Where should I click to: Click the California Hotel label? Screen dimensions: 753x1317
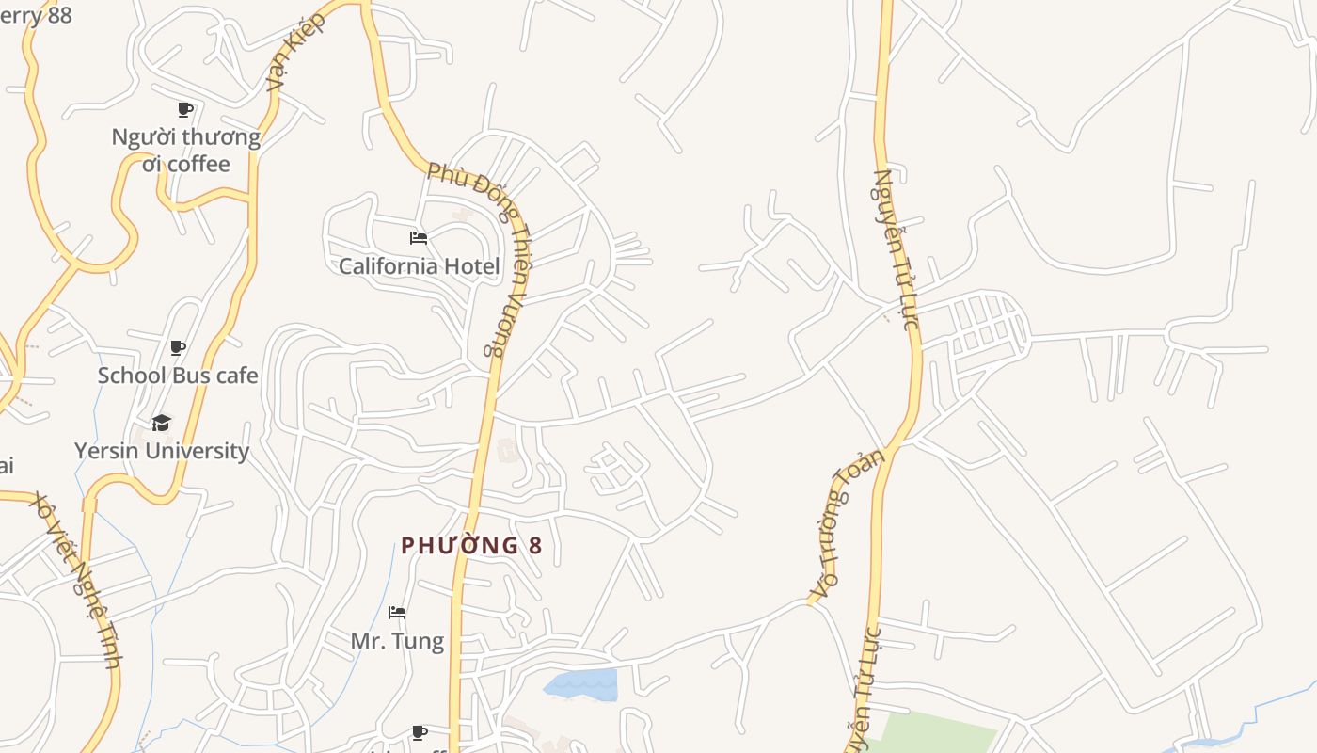(x=419, y=265)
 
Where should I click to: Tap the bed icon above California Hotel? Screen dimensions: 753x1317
(x=419, y=238)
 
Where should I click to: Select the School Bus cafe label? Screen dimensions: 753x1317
(x=178, y=376)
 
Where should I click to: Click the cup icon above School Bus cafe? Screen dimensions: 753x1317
(x=178, y=348)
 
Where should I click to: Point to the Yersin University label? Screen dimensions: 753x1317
(x=162, y=451)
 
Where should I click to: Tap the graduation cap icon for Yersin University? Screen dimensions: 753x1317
(x=162, y=423)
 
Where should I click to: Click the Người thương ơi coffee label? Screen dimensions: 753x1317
(x=186, y=151)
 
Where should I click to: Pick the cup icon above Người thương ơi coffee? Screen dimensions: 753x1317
(x=185, y=110)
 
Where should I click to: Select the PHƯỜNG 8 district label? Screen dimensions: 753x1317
(x=471, y=546)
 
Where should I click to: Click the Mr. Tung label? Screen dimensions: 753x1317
(x=397, y=641)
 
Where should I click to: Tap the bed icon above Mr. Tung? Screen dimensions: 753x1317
(x=397, y=613)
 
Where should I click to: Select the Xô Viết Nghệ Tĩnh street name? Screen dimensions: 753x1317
(x=75, y=579)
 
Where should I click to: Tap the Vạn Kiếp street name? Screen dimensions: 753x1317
(x=295, y=51)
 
